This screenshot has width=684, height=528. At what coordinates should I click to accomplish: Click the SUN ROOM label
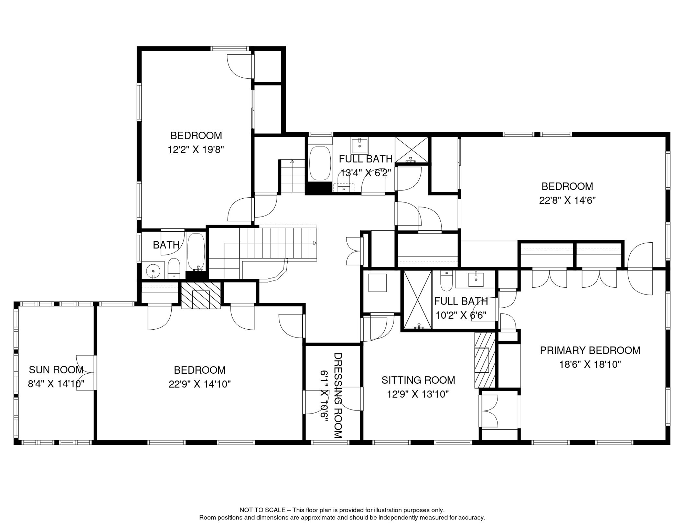[x=56, y=370]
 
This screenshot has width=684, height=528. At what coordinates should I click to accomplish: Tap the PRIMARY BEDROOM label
[x=590, y=350]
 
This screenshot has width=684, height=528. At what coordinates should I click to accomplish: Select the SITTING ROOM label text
[x=418, y=380]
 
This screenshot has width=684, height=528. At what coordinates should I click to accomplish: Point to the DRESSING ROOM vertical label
[x=338, y=395]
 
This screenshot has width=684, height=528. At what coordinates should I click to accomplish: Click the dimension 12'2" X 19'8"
[x=196, y=150]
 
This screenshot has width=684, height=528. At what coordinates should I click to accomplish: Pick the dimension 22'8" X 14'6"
[x=567, y=200]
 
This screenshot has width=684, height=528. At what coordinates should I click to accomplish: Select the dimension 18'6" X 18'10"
[x=590, y=364]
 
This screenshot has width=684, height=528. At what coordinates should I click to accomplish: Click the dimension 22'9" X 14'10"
[x=200, y=384]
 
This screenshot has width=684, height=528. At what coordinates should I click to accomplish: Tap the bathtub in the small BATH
[x=196, y=251]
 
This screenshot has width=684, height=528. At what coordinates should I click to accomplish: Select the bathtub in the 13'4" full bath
[x=320, y=163]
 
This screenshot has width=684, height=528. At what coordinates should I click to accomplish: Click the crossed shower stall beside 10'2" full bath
[x=417, y=299]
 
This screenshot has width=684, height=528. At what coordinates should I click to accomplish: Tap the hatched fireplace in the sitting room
[x=484, y=360]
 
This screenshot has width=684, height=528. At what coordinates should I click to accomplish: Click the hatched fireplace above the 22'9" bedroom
[x=201, y=296]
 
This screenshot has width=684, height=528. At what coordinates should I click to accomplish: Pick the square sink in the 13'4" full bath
[x=360, y=145]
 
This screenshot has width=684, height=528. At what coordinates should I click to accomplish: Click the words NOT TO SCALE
[x=263, y=510]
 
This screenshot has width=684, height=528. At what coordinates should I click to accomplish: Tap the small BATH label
[x=166, y=245]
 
